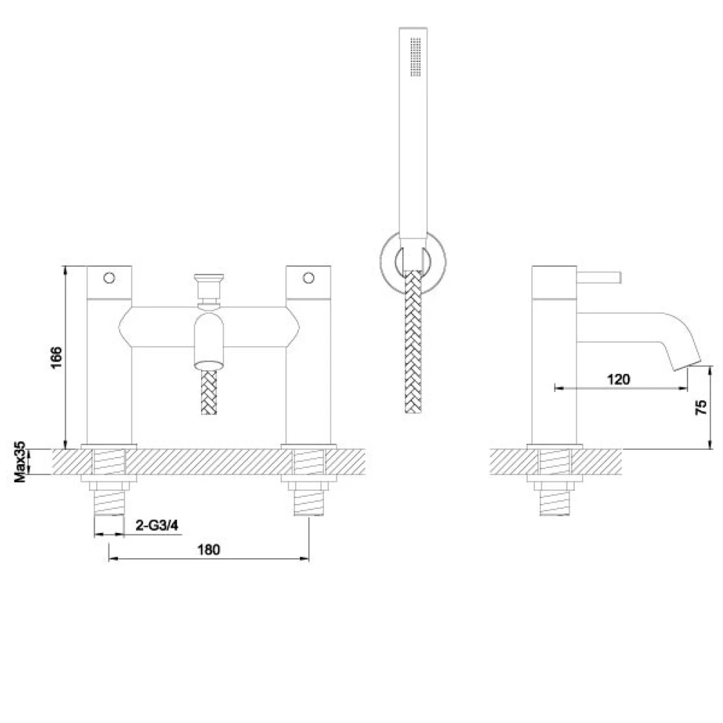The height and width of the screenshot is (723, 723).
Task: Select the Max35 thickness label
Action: pos(22,463)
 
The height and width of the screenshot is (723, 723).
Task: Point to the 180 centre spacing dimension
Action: pos(208,549)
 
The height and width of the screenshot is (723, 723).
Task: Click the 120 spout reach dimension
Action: pos(618,379)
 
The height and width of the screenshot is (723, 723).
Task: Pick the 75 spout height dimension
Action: pos(701,407)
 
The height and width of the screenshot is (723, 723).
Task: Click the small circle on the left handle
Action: pos(110,277)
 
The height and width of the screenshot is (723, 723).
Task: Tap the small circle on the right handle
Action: pos(309,277)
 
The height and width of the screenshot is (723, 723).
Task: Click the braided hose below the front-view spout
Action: pos(208,394)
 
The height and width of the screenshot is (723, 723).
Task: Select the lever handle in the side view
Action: pos(600,275)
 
